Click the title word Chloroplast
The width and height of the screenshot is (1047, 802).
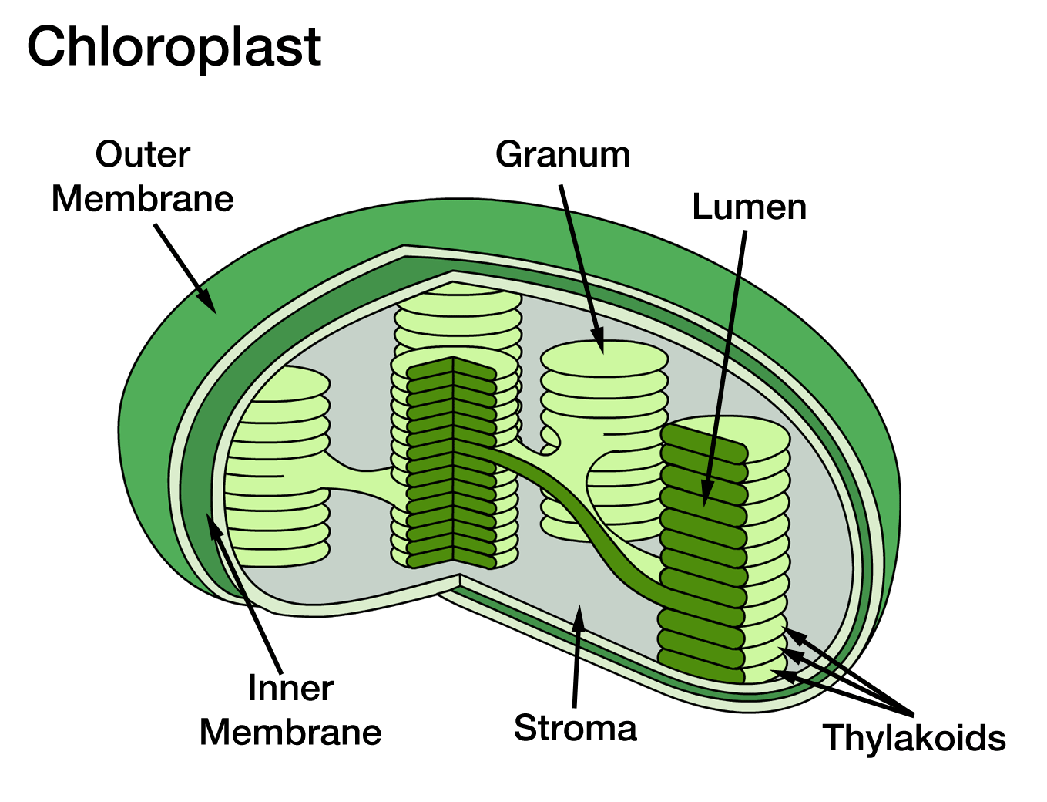173,48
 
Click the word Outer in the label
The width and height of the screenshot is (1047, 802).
143,155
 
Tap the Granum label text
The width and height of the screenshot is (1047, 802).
562,155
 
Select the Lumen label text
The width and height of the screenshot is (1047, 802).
749,207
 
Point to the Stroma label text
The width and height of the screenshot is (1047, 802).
576,729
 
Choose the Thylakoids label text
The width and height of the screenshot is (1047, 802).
914,738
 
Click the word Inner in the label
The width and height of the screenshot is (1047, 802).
290,688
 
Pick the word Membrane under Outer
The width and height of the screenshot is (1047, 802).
143,199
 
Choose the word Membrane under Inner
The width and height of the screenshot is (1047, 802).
290,733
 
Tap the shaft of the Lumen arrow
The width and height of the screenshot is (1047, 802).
728,347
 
